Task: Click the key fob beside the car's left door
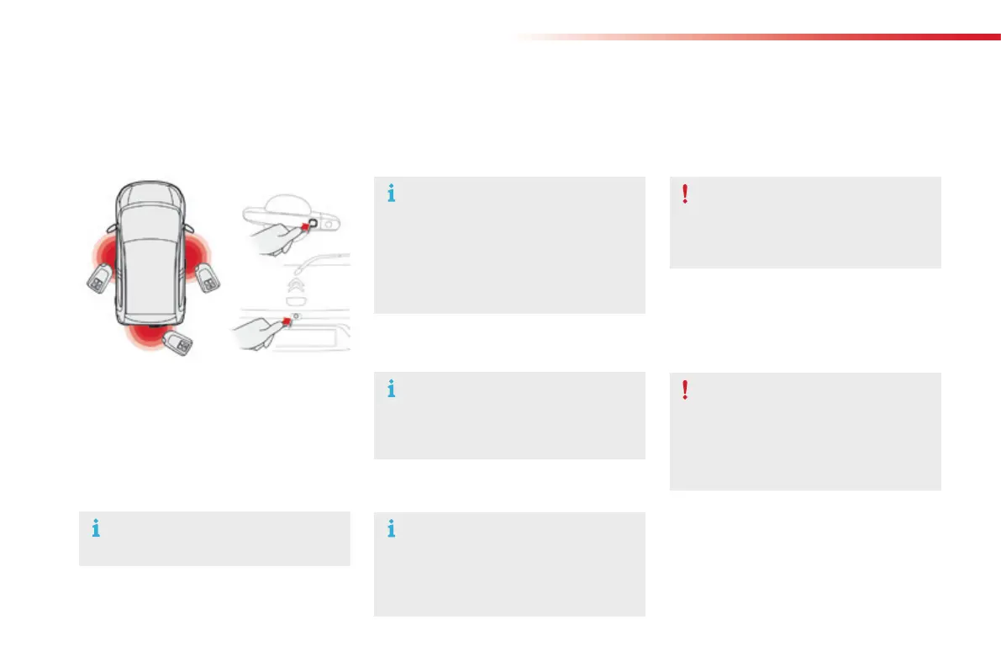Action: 98,278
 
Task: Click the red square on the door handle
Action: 305,225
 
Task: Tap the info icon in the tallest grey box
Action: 390,194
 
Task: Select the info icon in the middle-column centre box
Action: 390,390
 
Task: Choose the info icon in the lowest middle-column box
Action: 390,529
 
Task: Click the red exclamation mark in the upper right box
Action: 686,194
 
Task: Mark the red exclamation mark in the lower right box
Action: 686,390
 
